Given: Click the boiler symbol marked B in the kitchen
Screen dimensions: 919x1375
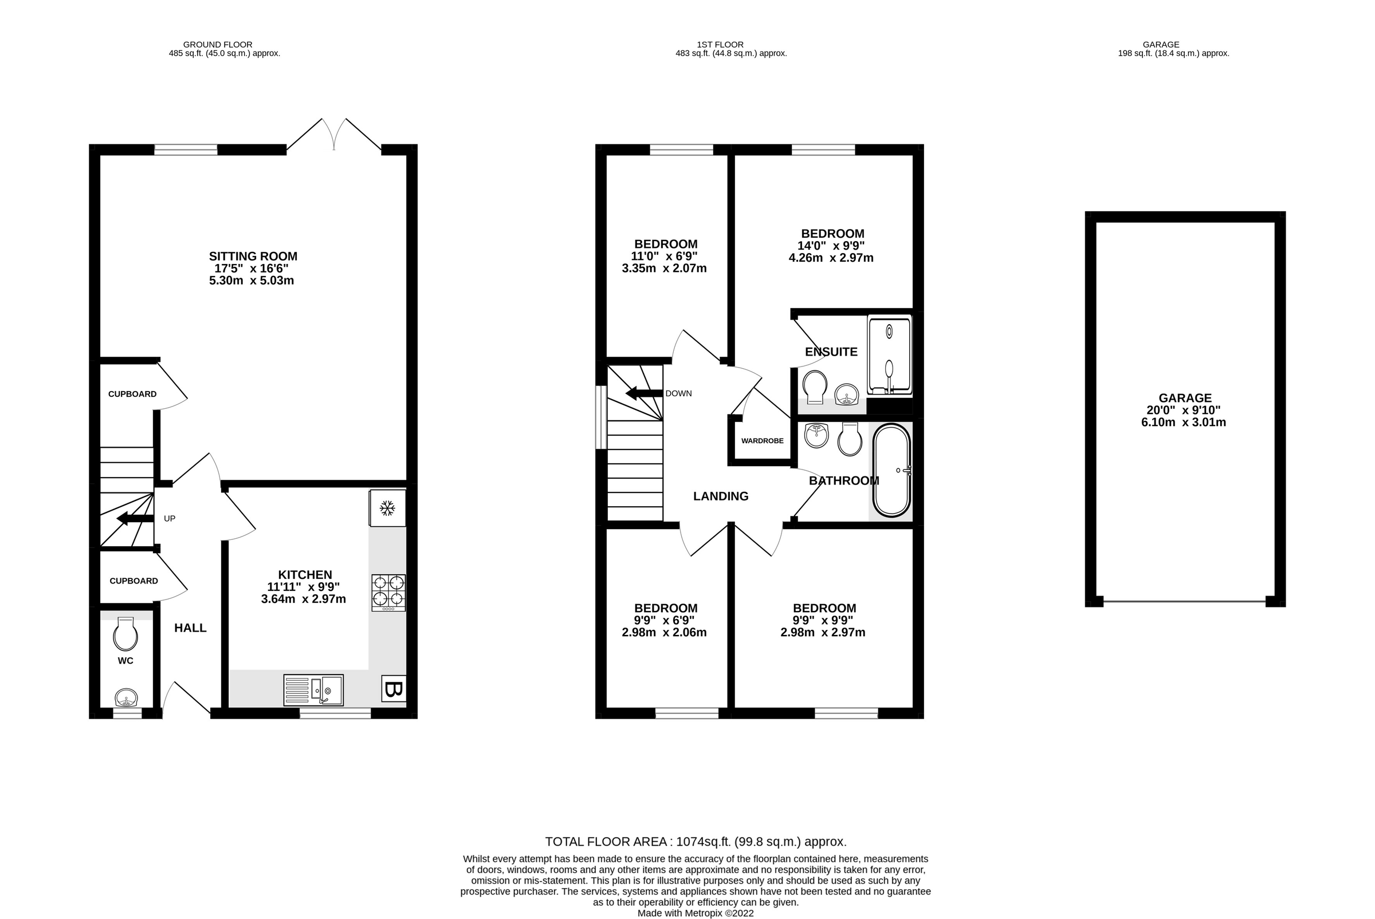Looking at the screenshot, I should [394, 689].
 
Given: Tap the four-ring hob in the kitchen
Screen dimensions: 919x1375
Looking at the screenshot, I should [388, 592].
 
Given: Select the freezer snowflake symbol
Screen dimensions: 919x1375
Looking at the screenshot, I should [387, 508].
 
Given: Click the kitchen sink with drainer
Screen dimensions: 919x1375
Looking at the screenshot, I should [314, 690].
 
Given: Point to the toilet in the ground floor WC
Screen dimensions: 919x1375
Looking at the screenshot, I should [125, 636].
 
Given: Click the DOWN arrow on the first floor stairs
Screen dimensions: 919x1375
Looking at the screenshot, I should [644, 393].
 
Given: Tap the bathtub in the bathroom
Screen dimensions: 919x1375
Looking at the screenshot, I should [891, 470].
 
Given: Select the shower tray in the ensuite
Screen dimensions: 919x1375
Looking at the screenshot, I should [890, 354].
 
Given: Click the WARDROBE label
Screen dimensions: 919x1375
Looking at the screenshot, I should [762, 441].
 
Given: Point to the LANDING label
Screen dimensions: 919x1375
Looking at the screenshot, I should [721, 496].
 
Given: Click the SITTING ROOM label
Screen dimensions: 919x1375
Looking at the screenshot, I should [253, 256].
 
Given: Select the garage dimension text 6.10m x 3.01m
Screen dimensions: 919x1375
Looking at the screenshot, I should [1183, 422].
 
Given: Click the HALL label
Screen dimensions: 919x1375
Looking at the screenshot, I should [190, 628].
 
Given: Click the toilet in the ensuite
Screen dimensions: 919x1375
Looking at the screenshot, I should [815, 388].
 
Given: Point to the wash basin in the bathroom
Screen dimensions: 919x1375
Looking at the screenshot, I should [816, 435].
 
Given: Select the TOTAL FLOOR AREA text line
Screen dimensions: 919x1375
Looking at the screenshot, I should [696, 842].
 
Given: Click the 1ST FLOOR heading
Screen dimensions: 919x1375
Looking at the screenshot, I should [720, 45].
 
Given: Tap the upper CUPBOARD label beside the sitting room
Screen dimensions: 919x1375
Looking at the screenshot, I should [132, 394].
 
